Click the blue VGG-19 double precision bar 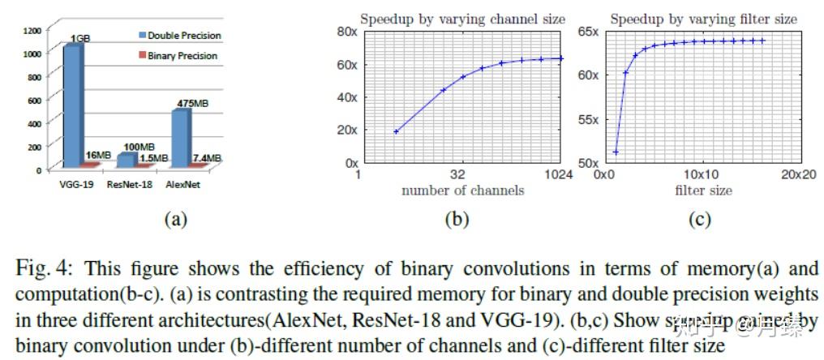72,105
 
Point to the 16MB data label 97,155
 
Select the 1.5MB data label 153,157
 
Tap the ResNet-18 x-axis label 128,185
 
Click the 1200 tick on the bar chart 31,30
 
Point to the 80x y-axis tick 346,32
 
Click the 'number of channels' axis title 462,191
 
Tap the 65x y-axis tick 589,32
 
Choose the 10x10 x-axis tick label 702,174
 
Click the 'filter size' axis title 703,191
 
